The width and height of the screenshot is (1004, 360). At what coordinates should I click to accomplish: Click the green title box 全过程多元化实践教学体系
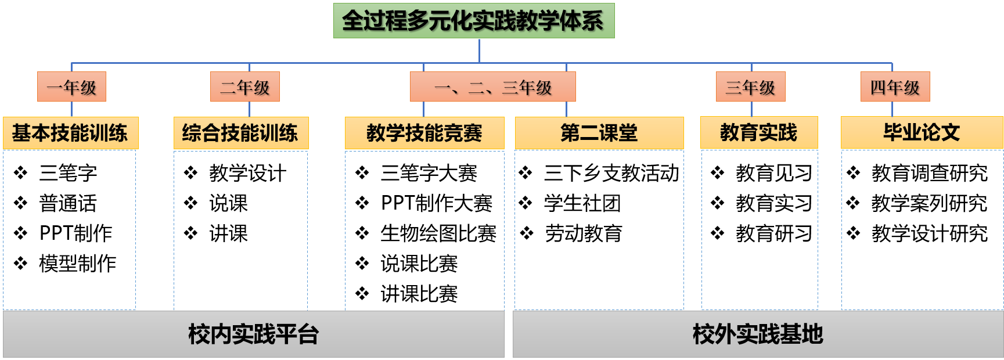tap(473, 21)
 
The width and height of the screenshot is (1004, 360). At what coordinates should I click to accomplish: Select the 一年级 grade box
tap(71, 87)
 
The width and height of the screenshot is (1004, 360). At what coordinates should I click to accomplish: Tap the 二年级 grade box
tap(244, 87)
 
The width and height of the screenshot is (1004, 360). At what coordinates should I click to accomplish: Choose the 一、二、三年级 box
tap(492, 87)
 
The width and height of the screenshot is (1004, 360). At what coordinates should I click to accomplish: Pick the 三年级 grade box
tap(750, 87)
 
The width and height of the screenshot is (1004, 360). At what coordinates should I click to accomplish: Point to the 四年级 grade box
tap(895, 87)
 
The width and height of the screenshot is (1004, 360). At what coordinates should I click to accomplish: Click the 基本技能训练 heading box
tap(70, 133)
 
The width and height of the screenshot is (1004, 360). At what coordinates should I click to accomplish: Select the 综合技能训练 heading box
tap(240, 133)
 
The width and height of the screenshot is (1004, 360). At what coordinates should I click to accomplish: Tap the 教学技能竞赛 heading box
tap(424, 133)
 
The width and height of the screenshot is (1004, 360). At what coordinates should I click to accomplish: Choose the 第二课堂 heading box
tap(599, 133)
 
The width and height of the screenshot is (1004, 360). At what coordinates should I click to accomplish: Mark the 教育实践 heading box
tap(759, 132)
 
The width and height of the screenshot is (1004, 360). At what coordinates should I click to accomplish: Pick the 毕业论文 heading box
tap(922, 132)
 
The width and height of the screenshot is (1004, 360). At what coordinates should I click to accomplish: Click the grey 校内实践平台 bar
tap(253, 334)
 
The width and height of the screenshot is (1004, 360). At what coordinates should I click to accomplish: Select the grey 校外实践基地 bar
tap(758, 334)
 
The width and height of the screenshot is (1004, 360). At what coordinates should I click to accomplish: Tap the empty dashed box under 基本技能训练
tap(70, 230)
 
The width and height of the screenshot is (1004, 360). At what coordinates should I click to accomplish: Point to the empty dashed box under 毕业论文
tap(922, 230)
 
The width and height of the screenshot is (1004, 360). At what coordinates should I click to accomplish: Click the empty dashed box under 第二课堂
tap(599, 230)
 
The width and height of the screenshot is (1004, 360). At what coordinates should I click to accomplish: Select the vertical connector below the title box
tap(479, 51)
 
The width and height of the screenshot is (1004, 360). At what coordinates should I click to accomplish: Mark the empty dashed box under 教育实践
tap(760, 230)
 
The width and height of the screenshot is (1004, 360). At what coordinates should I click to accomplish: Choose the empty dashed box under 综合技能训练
tap(240, 230)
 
